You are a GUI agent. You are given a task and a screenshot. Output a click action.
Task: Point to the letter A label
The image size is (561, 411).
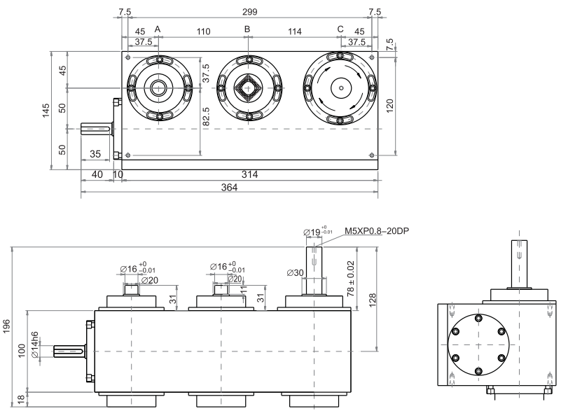(x=157, y=29)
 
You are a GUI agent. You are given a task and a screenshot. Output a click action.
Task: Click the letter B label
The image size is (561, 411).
(x=247, y=29)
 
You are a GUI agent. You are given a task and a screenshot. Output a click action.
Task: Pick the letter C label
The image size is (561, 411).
(x=340, y=29)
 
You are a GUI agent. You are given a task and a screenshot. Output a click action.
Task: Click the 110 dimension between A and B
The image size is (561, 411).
(x=203, y=32)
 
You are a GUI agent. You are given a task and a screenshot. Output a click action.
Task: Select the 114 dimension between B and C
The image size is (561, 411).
(x=294, y=32)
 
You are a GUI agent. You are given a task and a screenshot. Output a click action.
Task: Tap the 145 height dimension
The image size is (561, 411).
(x=46, y=110)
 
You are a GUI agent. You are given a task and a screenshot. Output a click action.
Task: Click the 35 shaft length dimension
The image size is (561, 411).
(x=95, y=154)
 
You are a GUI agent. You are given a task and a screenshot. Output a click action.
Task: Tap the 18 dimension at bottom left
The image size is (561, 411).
(x=20, y=399)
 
